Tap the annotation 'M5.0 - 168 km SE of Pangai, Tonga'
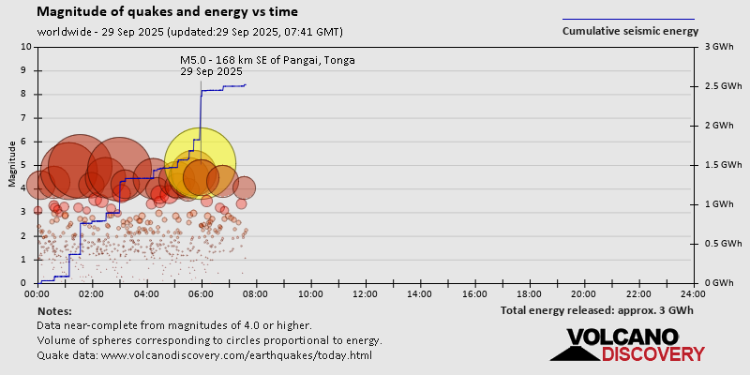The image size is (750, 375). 268,61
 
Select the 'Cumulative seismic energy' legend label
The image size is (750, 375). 630,31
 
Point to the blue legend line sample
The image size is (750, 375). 628,19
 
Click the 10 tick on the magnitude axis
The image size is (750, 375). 26,47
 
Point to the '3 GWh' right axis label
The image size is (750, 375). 718,47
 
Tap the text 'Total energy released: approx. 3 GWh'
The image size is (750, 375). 596,310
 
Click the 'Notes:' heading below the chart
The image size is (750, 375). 54,310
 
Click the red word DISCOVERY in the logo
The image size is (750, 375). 652,354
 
